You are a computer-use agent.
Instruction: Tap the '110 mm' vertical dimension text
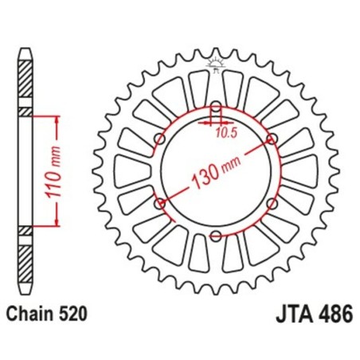46,173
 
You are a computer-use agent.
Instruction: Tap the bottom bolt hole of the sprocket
216,234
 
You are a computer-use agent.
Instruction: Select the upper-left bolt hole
160,139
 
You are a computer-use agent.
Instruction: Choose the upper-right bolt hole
272,139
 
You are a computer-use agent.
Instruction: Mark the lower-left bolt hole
160,202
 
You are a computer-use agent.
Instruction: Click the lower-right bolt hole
272,202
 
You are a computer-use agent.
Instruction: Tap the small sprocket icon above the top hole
216,65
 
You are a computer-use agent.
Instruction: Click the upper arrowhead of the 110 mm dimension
57,118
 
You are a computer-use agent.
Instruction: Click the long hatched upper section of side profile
26,80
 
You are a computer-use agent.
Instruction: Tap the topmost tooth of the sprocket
216,48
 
